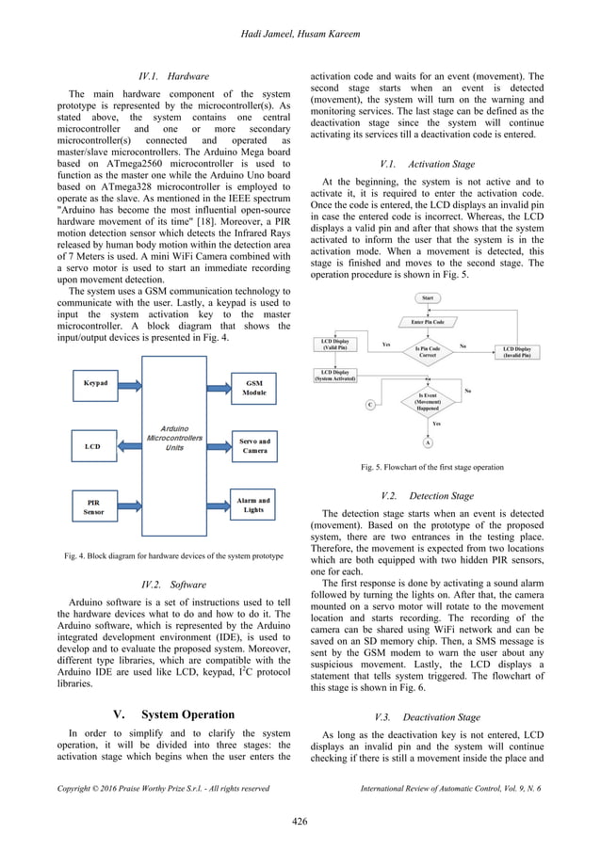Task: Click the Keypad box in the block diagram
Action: coord(95,385)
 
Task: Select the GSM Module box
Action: coord(254,388)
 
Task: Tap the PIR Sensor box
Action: coord(94,507)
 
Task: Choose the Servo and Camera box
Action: coord(254,445)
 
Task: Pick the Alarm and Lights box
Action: coord(253,505)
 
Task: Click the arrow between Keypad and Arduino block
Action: coord(128,385)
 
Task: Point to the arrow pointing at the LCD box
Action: coord(128,445)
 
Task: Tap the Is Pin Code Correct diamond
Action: coord(427,350)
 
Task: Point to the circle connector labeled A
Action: coord(429,441)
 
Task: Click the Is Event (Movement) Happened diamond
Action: coord(428,401)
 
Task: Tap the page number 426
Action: coord(300,822)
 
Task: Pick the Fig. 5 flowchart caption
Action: coord(432,467)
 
